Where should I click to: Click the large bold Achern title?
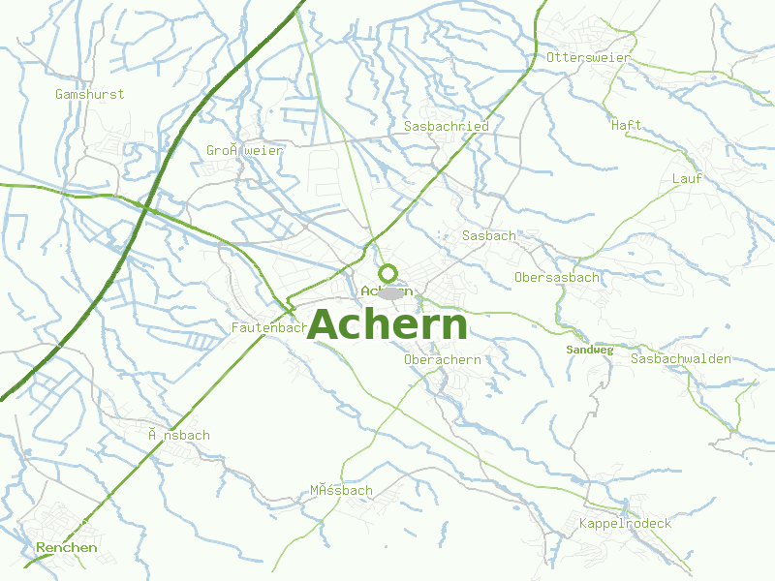tap(387, 325)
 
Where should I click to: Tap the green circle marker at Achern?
tap(387, 273)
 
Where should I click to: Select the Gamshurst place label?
tap(90, 94)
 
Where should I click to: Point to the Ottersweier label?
tap(588, 57)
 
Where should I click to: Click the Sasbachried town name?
tap(446, 126)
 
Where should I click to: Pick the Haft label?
tap(626, 125)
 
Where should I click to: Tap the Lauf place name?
tap(687, 178)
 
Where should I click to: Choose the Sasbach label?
tap(489, 235)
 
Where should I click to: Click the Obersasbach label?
tap(556, 277)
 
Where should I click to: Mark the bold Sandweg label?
tap(590, 350)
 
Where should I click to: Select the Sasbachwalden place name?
tap(680, 358)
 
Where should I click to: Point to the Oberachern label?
tap(442, 359)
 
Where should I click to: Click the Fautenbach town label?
tap(269, 328)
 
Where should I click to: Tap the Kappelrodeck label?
tap(625, 523)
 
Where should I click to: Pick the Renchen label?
tap(67, 547)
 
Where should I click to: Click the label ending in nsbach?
tap(178, 435)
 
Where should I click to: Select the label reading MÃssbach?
tap(341, 490)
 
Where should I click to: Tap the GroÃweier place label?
tap(244, 150)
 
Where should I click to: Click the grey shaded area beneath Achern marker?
tap(392, 292)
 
